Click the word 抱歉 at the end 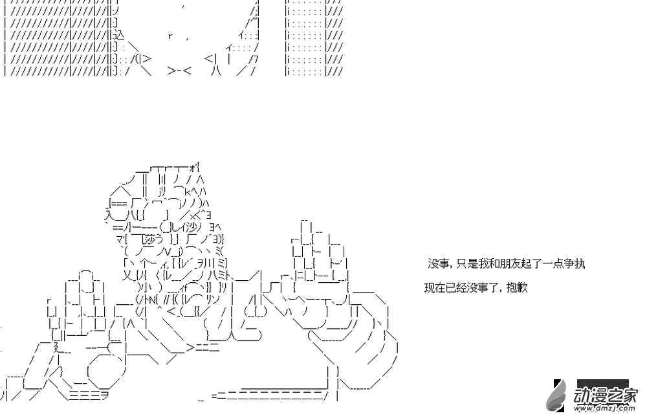(x=518, y=287)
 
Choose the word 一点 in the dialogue (x=551, y=263)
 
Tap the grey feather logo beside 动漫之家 (x=556, y=394)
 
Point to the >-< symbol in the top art (x=179, y=71)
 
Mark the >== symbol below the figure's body (x=203, y=348)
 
